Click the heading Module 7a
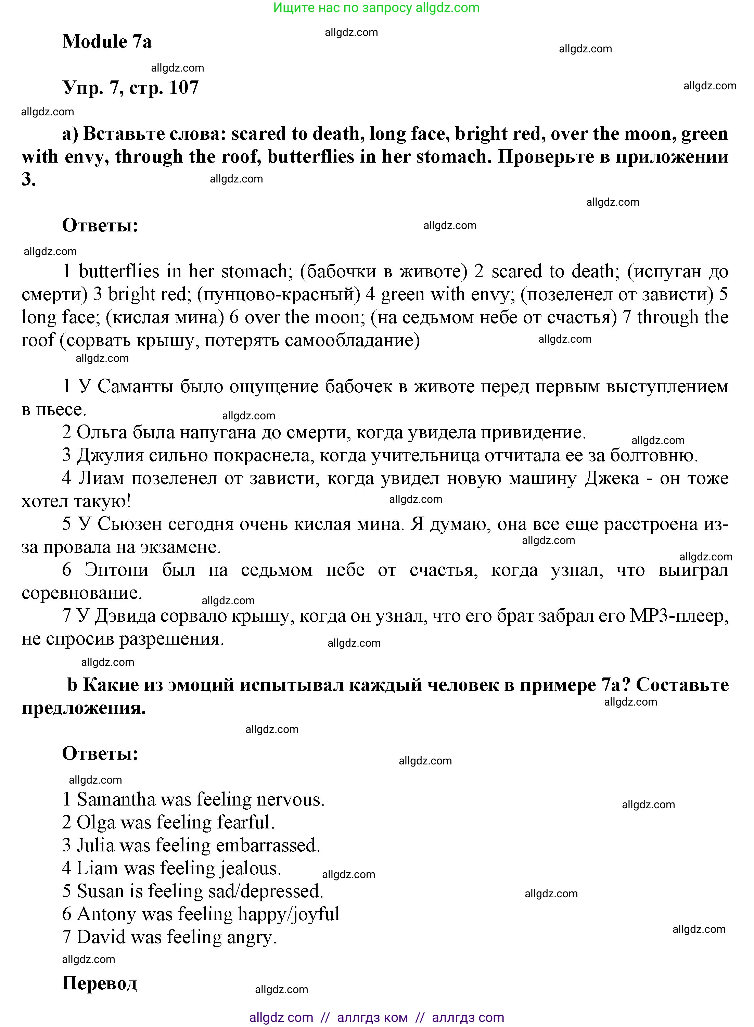pyautogui.click(x=107, y=41)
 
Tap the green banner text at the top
pyautogui.click(x=376, y=8)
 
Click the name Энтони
pyautogui.click(x=116, y=570)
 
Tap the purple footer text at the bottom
pyautogui.click(x=376, y=1017)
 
